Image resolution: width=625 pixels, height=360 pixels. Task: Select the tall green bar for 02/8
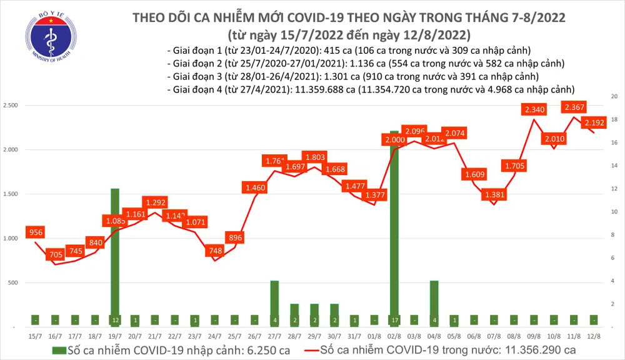tap(394, 225)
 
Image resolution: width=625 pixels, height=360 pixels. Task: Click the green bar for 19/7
tap(114, 256)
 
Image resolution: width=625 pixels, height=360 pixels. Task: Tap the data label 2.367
tap(574, 107)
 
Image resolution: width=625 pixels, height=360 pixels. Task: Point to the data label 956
tap(36, 232)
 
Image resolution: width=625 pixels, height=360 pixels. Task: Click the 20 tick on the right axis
tap(614, 97)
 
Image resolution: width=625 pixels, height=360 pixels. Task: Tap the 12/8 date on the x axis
tap(594, 337)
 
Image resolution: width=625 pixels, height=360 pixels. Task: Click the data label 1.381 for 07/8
tap(494, 196)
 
